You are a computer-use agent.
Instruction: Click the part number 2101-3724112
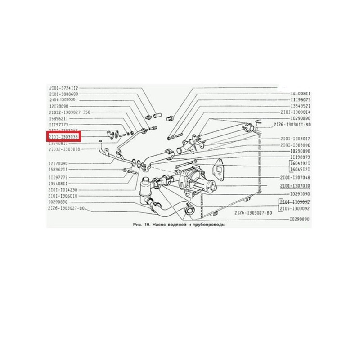(x=63, y=88)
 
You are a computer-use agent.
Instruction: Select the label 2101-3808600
(x=63, y=94)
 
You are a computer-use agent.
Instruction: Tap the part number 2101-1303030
(x=63, y=100)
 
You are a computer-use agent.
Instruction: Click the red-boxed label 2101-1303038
(x=63, y=135)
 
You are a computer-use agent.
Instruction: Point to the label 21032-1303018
(x=64, y=149)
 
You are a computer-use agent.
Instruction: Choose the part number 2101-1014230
(x=63, y=190)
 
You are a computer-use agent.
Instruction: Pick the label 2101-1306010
(x=63, y=196)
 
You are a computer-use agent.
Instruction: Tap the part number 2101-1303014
(x=296, y=112)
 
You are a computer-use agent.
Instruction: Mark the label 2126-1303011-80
(x=292, y=123)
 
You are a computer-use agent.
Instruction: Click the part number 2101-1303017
(x=296, y=139)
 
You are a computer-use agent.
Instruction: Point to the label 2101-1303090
(x=296, y=145)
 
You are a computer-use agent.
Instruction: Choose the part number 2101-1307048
(x=296, y=177)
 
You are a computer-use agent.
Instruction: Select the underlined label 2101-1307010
(x=296, y=185)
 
